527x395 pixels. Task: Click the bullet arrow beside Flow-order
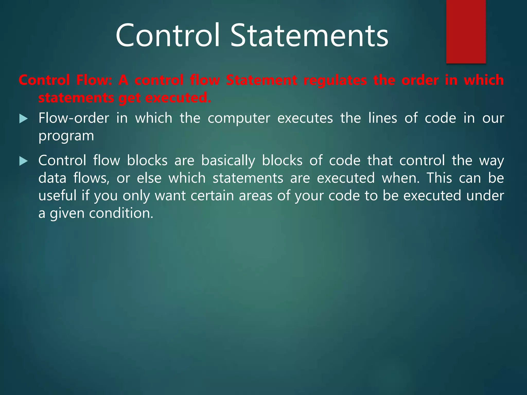tap(23, 119)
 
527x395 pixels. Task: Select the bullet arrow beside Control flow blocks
tap(23, 161)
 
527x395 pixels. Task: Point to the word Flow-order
tap(74, 118)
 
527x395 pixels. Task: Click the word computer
tap(239, 119)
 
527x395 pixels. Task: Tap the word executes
tap(305, 118)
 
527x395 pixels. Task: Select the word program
tap(66, 136)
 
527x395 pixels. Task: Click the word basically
tap(228, 161)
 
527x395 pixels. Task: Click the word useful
tap(57, 195)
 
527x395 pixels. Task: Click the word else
tap(149, 178)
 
